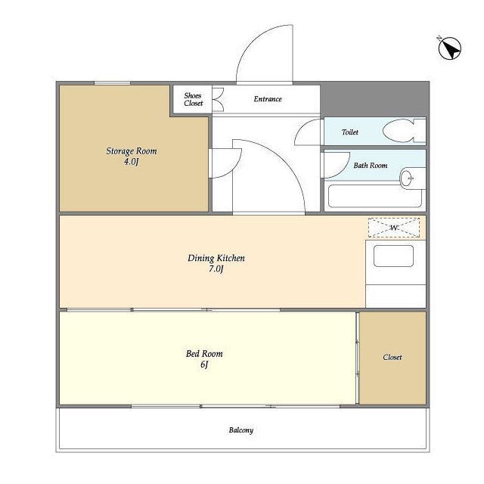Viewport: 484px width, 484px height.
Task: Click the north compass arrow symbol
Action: coord(450,48)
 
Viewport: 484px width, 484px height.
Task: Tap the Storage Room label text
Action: coord(132,151)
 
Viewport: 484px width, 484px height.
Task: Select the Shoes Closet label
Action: coord(194,99)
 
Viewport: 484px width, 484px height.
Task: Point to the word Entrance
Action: coord(268,99)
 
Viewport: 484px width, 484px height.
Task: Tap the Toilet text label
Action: coord(350,132)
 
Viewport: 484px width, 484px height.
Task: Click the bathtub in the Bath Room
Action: coord(375,196)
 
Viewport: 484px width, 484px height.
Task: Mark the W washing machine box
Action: coord(394,228)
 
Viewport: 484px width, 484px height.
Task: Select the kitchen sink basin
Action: coord(393,256)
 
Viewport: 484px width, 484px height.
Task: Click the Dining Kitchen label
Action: coord(216,258)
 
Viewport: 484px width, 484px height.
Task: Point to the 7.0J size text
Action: coord(216,269)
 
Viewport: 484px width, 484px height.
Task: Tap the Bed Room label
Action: coord(204,354)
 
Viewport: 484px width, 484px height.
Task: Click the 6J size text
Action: coord(204,365)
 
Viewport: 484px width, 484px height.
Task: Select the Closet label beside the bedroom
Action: coord(392,357)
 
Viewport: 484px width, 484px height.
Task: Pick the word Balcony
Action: coord(241,430)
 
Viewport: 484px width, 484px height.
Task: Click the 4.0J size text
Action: coord(131,161)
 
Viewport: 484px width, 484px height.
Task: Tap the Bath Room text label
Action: coord(371,166)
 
